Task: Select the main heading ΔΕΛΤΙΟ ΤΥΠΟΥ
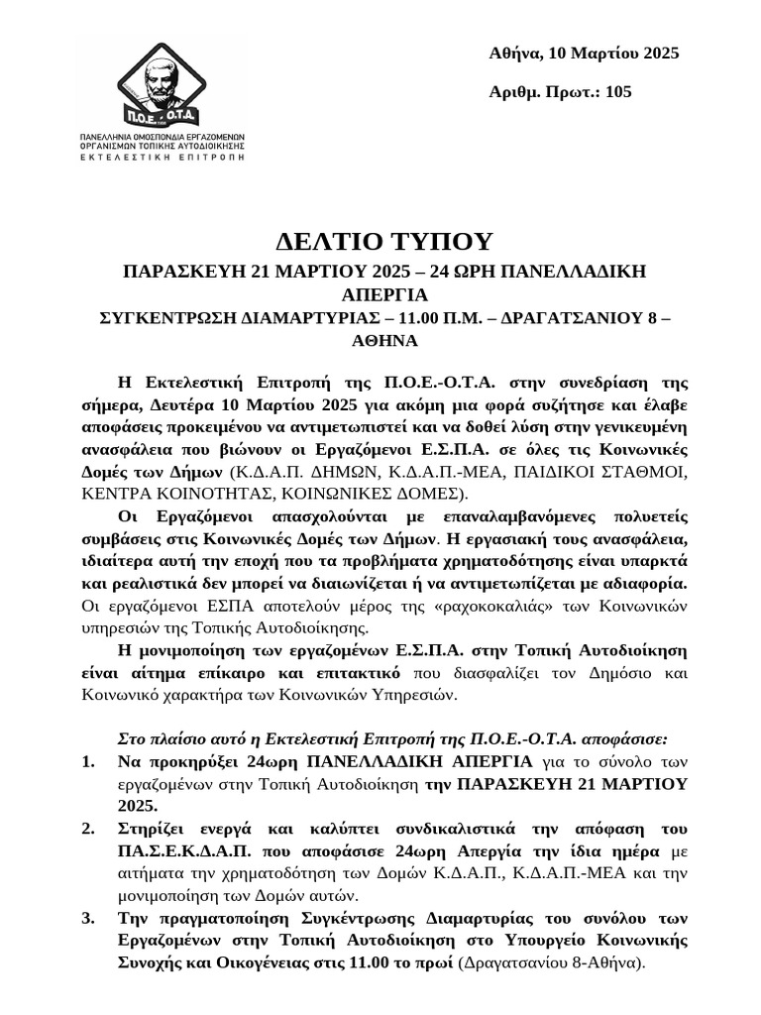point(380,242)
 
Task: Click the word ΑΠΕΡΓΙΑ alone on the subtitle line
point(380,295)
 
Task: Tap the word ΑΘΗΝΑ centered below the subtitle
point(380,340)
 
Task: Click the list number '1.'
point(89,762)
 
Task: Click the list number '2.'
point(89,828)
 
